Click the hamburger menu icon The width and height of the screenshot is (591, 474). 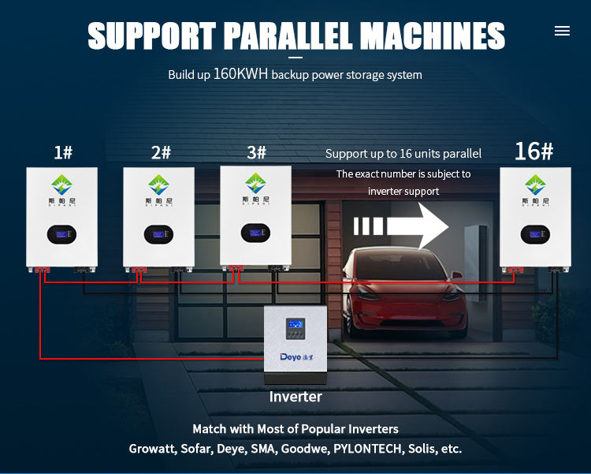click(562, 31)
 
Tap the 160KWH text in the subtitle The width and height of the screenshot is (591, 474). click(240, 74)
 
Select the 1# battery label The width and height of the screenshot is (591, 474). click(63, 152)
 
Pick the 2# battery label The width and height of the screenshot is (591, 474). click(161, 152)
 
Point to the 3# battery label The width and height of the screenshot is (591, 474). click(257, 152)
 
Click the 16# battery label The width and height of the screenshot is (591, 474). click(533, 151)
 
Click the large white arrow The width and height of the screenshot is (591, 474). click(402, 226)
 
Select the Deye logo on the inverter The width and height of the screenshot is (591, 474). click(295, 357)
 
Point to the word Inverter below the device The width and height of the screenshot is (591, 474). click(295, 397)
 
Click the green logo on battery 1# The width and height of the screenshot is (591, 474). click(62, 186)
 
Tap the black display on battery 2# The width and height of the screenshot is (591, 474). click(158, 234)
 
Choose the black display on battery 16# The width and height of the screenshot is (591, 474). click(535, 234)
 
